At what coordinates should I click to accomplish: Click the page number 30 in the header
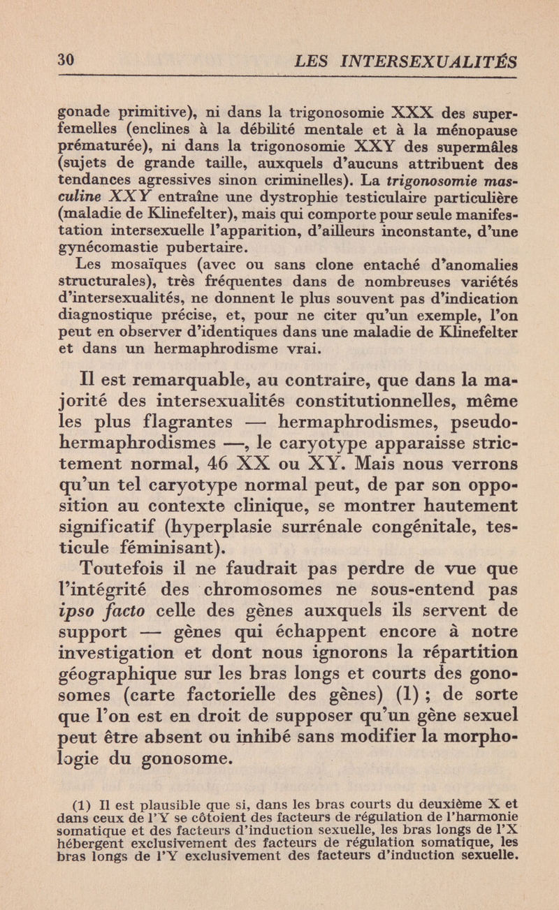coord(65,61)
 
